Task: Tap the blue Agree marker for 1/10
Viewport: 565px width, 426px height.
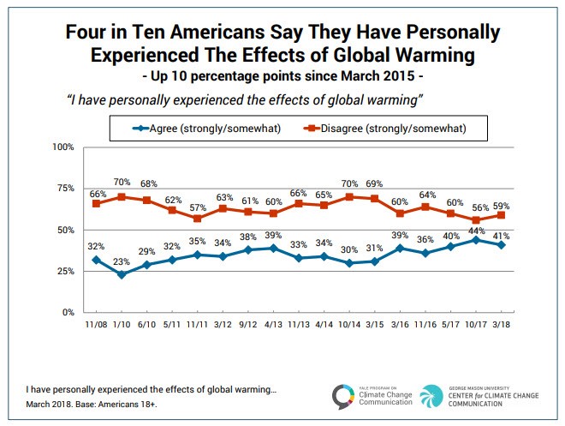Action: point(122,274)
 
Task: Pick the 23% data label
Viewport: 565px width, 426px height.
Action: point(122,262)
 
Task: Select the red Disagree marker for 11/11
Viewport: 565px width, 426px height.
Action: point(199,219)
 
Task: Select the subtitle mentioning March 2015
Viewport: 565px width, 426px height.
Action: point(282,76)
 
